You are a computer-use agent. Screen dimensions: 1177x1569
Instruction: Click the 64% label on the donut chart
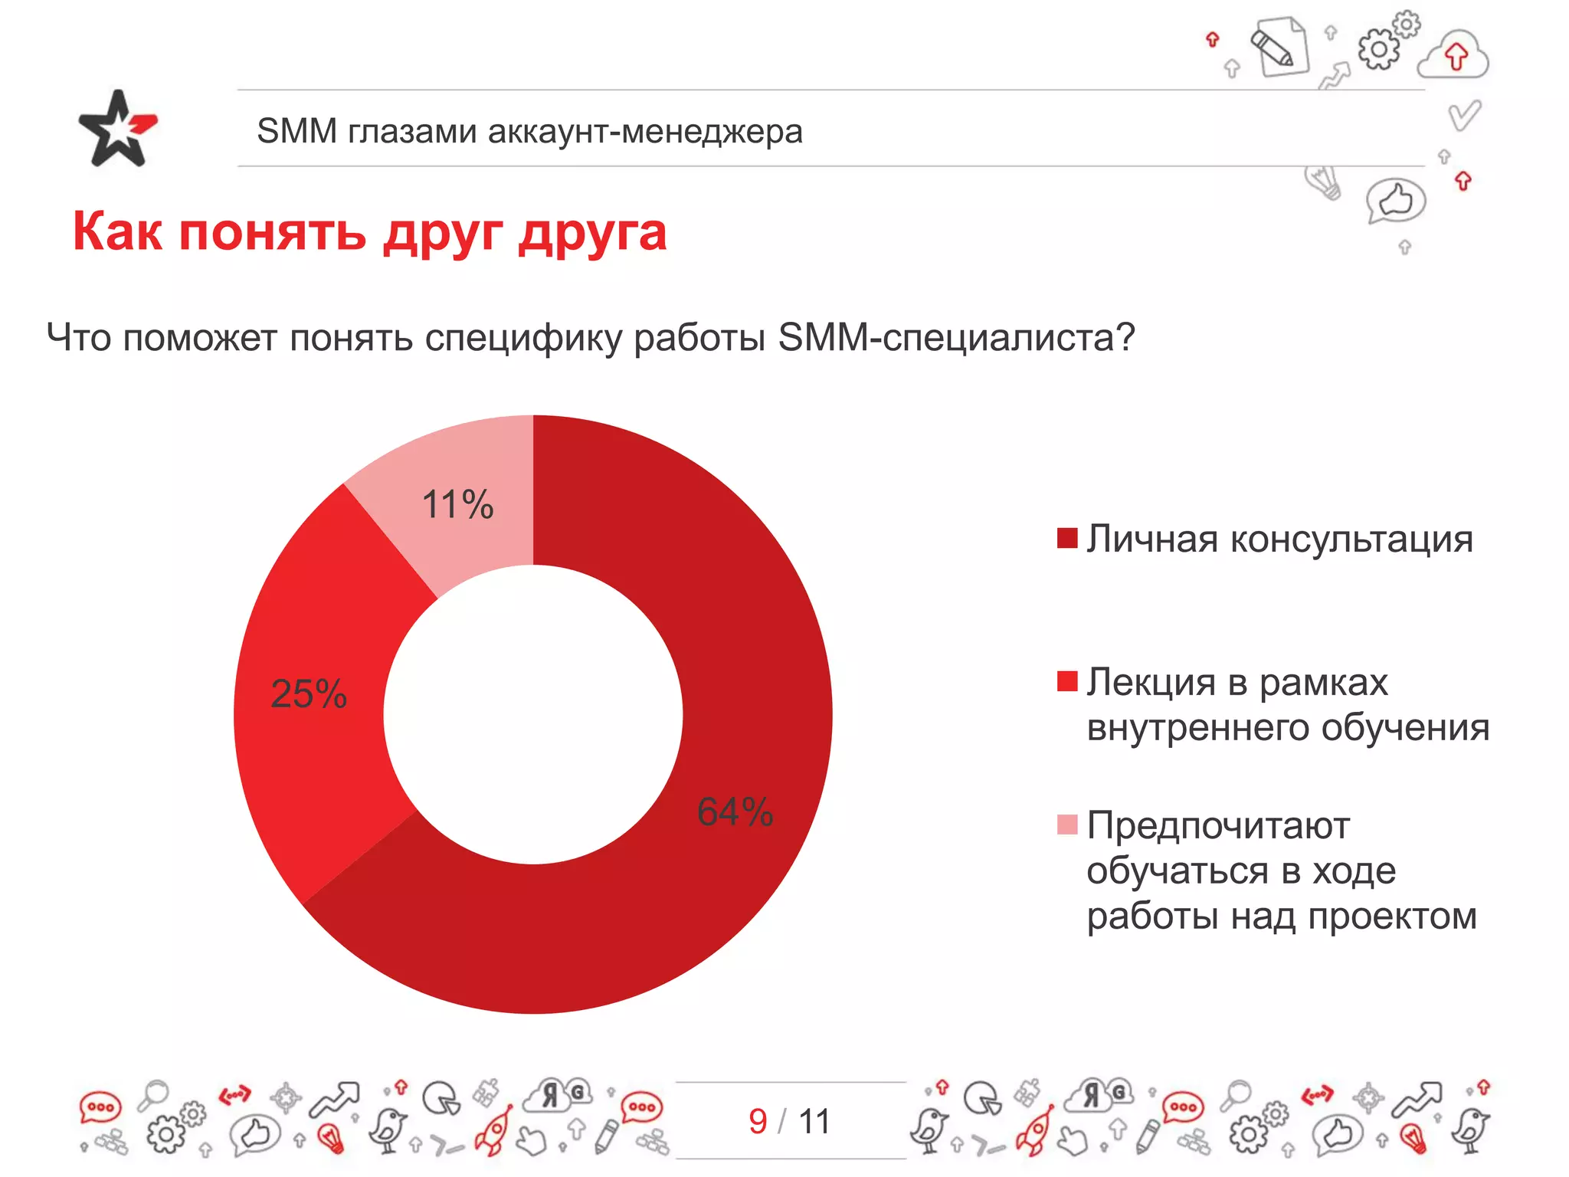735,811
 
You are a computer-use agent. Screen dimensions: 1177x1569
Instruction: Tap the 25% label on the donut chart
309,694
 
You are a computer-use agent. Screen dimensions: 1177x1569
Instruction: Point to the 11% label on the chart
457,505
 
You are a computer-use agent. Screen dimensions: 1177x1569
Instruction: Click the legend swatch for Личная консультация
1067,538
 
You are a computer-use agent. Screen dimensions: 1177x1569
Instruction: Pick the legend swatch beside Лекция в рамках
1067,680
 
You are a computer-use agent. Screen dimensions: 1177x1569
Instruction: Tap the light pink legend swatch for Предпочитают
1067,825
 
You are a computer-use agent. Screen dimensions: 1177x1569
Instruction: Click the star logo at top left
117,129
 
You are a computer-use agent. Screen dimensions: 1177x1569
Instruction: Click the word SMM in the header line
296,131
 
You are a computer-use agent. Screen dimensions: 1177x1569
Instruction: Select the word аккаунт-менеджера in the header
645,131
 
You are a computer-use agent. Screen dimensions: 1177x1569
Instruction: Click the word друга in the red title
592,233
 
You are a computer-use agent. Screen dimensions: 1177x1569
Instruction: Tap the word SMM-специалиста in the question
955,337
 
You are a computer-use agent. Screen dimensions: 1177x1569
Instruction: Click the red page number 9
758,1122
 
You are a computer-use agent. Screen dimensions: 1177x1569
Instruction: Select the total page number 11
814,1122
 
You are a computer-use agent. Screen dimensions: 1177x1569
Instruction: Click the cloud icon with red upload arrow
1453,55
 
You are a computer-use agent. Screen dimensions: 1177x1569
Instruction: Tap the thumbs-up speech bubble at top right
1395,202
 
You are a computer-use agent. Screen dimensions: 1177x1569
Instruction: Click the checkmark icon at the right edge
1464,116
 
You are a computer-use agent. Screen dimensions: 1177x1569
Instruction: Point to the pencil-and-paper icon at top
1279,48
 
